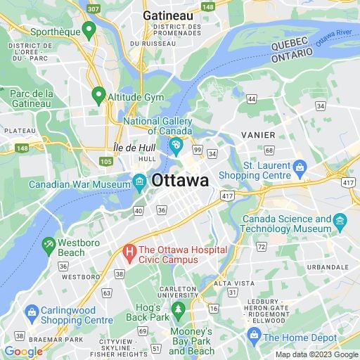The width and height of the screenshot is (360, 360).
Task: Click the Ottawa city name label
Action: pos(180,180)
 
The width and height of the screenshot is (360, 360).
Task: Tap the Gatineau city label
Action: pos(168,15)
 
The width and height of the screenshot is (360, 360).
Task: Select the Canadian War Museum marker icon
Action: pos(139,184)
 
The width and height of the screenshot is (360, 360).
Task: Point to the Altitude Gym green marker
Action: pos(98,94)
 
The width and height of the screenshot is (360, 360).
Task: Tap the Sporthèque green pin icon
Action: pos(89,30)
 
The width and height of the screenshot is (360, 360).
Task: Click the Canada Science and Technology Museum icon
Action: pos(341,224)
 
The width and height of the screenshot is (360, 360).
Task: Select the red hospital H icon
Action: pos(129,250)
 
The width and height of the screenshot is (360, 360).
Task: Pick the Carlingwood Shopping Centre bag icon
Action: pos(32,312)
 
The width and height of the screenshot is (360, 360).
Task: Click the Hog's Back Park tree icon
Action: pos(178,308)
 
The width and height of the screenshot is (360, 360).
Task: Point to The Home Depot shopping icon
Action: pos(253,337)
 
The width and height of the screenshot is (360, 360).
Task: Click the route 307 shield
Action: pos(93,8)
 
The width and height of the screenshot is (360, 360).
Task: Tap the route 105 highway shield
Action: pos(106,162)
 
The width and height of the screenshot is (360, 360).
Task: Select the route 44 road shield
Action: pos(251,100)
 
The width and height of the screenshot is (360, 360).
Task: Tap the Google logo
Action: pos(23,352)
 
